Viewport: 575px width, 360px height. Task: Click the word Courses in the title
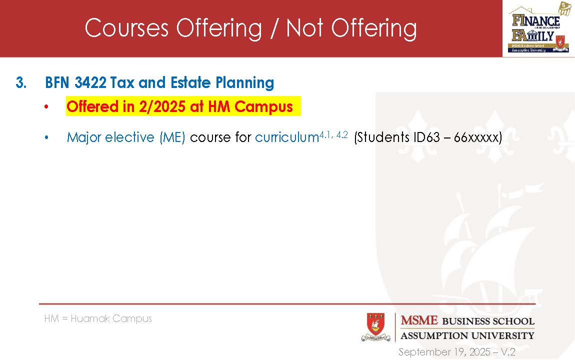(x=126, y=28)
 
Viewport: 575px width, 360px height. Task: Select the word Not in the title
(x=305, y=28)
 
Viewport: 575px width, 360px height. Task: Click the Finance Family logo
(x=538, y=28)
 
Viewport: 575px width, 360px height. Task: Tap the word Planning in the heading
(x=244, y=83)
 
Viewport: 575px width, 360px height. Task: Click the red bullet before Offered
(x=46, y=107)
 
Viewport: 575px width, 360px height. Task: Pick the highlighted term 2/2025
(x=162, y=106)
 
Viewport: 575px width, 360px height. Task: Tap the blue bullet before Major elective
(x=46, y=138)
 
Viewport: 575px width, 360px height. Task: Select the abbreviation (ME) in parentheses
(x=172, y=137)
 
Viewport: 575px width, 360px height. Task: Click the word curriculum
(x=287, y=137)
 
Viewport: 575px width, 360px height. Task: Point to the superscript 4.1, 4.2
(x=333, y=135)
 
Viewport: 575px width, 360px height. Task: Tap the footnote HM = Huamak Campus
(x=98, y=318)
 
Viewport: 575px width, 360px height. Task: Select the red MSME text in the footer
(x=419, y=320)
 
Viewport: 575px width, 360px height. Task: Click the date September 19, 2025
(x=444, y=352)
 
